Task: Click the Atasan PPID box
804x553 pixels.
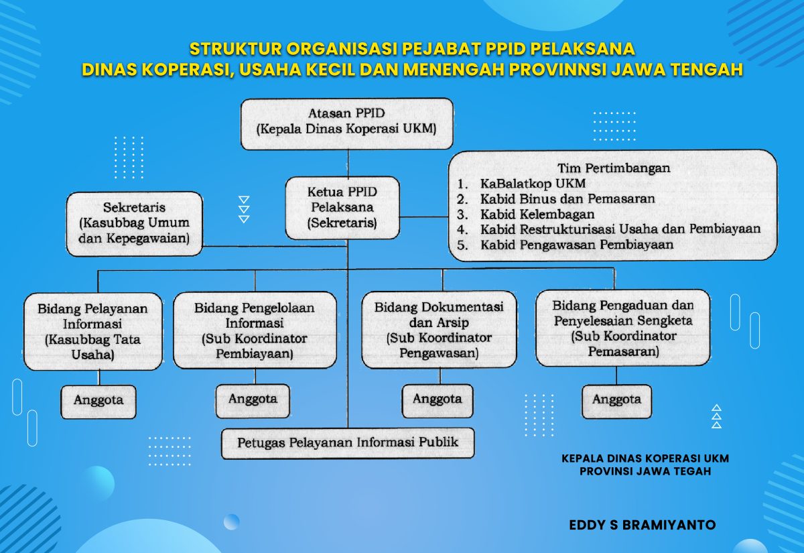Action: pos(346,123)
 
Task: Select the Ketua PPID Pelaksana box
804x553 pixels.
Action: pos(342,208)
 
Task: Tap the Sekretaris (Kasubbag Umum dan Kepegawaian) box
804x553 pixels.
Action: pos(135,223)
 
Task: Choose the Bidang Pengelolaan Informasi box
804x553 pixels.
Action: pos(255,330)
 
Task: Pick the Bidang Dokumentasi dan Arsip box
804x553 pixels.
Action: pos(439,329)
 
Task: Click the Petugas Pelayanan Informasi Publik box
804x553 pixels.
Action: pos(348,443)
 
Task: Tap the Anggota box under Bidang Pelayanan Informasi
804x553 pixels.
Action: pos(98,400)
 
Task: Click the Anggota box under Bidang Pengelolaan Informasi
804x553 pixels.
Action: pos(253,400)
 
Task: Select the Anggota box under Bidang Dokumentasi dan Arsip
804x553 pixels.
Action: pos(437,400)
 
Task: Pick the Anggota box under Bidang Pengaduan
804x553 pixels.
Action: pos(616,400)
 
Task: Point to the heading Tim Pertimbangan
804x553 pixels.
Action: pos(613,168)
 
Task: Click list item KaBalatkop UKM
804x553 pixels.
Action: pos(533,184)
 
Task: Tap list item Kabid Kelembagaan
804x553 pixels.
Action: pos(537,214)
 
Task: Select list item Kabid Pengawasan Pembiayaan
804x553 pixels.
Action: pos(577,245)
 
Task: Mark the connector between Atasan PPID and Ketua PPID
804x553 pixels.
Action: pos(347,163)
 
